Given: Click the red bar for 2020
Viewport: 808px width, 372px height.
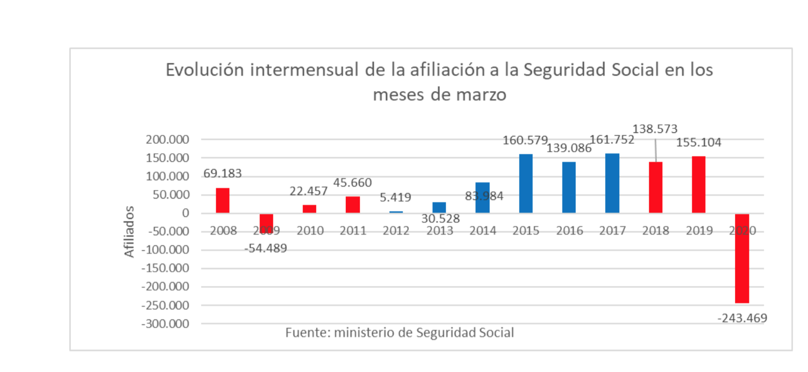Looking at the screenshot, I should click(x=742, y=258).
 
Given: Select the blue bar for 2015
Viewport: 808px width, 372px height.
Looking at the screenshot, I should click(x=526, y=184).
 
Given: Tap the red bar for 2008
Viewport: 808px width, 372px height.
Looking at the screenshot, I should click(x=223, y=200).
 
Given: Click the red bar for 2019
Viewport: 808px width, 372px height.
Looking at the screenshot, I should click(x=699, y=185).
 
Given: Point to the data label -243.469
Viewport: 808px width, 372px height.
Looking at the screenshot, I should click(x=742, y=318).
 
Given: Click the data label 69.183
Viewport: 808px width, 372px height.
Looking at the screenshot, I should click(x=223, y=174).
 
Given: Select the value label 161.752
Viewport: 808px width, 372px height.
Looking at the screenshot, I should click(x=612, y=140).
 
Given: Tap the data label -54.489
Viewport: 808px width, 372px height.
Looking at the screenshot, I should click(x=266, y=248).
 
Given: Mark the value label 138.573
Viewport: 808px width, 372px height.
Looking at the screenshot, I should click(x=655, y=129).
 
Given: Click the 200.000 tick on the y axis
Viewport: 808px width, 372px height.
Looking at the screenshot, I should click(x=167, y=140).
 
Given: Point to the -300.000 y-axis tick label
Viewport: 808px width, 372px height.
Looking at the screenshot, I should click(x=165, y=324).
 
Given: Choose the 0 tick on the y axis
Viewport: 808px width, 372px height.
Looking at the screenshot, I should click(x=186, y=213).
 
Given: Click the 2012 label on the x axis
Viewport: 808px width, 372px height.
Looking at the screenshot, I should click(x=396, y=231).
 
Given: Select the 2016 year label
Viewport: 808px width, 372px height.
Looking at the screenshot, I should click(x=569, y=231).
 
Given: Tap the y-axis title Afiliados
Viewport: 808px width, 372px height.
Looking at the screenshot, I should click(x=129, y=232).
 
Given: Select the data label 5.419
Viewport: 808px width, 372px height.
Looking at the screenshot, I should click(x=396, y=197).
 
